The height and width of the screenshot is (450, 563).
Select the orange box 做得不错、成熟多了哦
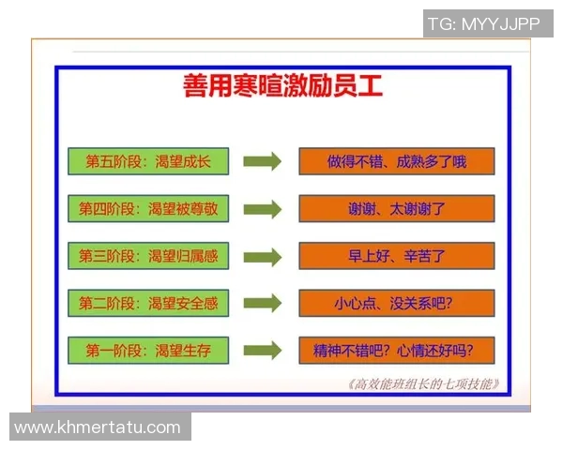[x=396, y=161]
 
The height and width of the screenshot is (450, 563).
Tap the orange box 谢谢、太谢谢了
[x=396, y=209]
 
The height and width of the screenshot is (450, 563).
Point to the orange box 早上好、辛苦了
[x=396, y=256]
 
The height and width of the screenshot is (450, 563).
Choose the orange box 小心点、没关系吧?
[x=396, y=304]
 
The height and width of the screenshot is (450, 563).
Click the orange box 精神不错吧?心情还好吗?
[x=396, y=352]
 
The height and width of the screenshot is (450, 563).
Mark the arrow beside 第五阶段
[x=262, y=161]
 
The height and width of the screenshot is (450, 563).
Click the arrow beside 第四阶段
[x=262, y=209]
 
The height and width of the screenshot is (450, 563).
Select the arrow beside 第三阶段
[x=262, y=256]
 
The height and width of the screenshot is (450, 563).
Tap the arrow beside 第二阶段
[x=262, y=304]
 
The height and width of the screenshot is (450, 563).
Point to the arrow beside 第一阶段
[x=262, y=352]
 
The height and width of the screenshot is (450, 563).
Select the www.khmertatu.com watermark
[x=98, y=427]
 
